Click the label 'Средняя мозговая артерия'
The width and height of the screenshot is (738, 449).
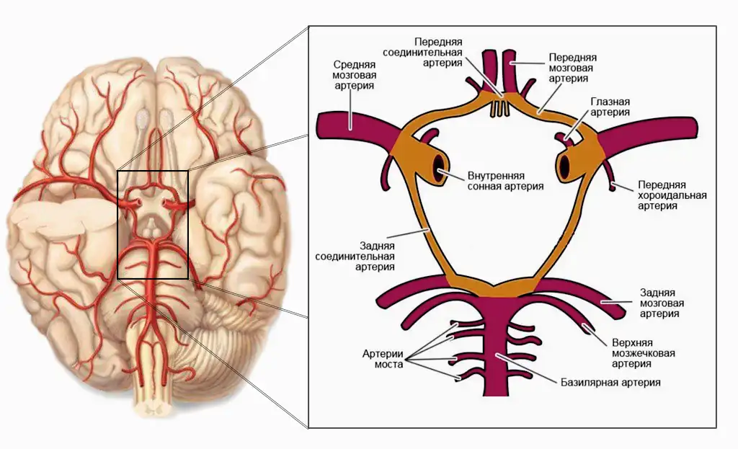click(x=354, y=74)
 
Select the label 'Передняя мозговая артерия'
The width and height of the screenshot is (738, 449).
click(x=572, y=67)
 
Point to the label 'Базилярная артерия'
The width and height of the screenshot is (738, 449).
click(x=610, y=382)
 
